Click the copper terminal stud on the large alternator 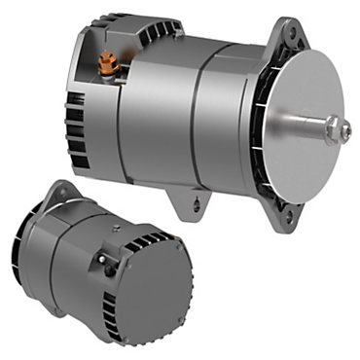click(109, 64)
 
